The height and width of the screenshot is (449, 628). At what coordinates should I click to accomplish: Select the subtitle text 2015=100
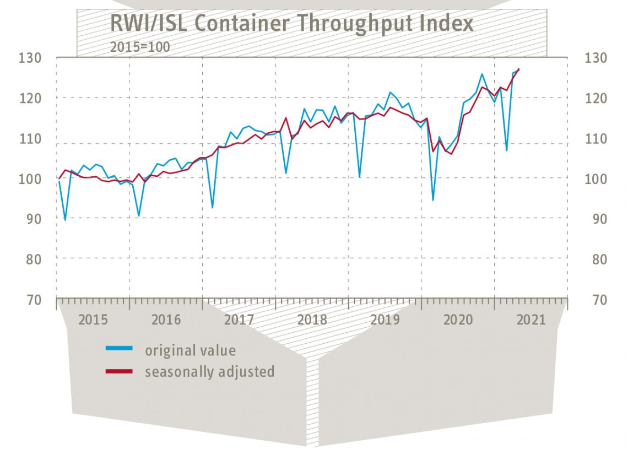139,47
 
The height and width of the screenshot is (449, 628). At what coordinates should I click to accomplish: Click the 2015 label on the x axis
93,320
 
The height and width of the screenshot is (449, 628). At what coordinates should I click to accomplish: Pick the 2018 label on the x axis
312,320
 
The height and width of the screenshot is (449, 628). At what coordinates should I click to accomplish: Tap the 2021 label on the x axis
531,320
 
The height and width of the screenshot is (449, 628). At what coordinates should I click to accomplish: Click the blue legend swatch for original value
119,348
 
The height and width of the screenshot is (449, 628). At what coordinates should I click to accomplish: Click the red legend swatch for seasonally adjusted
119,371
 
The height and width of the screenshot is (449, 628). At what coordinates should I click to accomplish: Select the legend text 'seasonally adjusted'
209,371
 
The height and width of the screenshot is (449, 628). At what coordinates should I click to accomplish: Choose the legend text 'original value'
190,350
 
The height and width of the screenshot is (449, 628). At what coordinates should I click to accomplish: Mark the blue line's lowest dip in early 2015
66,220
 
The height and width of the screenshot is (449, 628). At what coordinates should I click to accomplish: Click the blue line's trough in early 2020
433,200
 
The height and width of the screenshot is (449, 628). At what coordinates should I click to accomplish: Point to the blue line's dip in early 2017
213,208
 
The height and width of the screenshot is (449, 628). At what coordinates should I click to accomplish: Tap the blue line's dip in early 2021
506,150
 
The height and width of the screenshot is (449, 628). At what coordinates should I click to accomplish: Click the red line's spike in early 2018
285,117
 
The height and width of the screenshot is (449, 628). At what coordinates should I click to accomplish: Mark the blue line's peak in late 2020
482,73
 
